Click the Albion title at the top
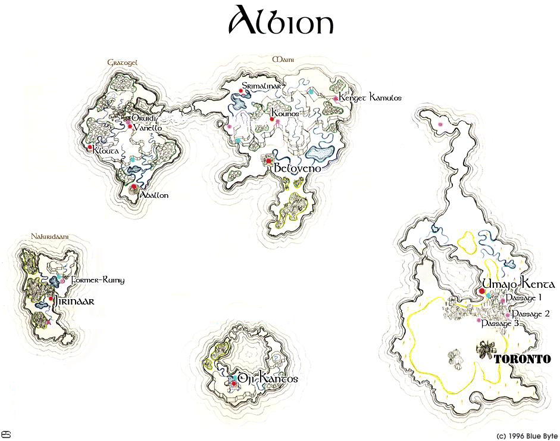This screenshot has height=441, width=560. coord(280,22)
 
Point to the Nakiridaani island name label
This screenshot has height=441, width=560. coord(50,237)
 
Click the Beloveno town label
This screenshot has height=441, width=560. coord(298,169)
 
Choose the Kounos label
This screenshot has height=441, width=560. coord(285,113)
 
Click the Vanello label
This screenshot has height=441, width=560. coord(148,128)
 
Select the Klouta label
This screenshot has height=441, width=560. coord(106,151)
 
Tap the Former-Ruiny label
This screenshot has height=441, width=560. coord(98,280)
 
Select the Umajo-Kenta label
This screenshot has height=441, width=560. coord(519,284)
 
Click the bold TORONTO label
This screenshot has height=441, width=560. coord(521,359)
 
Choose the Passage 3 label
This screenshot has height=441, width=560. coord(500,323)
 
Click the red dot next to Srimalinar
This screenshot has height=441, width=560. coord(240,91)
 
